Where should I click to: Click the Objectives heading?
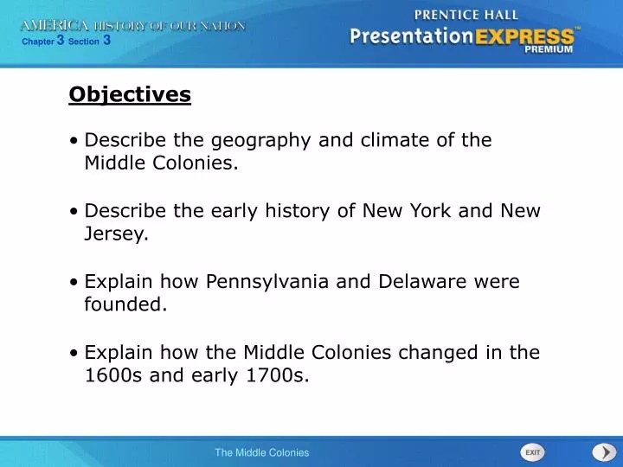coord(130,94)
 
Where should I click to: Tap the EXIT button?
coord(532,452)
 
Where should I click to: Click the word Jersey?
coord(117,234)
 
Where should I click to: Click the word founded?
coord(125,304)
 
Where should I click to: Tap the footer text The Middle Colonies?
coord(261,452)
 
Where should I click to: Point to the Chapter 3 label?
coord(44,40)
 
